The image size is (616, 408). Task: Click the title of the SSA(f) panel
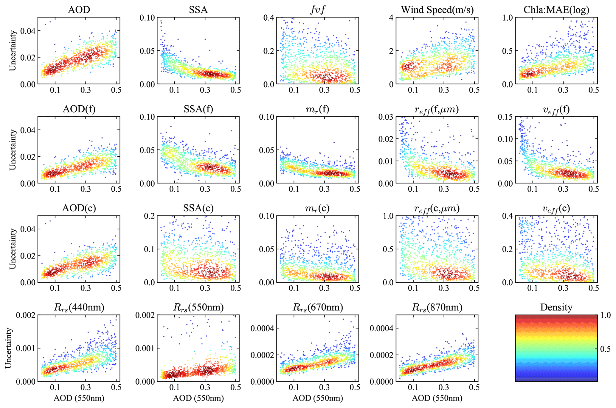point(198,109)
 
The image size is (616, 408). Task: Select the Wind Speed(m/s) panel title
point(437,10)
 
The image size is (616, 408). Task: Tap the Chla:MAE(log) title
point(556,10)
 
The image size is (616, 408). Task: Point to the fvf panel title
point(317,10)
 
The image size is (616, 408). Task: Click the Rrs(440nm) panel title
point(79,307)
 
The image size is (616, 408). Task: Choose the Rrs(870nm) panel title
point(437,307)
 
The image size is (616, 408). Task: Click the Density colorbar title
point(556,307)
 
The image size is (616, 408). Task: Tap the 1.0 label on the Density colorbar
point(605,315)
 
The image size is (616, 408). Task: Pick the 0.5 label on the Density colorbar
point(605,349)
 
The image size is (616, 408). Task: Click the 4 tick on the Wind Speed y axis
point(391,18)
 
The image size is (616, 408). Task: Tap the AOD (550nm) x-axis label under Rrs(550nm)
point(198,398)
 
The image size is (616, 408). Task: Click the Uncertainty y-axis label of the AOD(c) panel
point(13,249)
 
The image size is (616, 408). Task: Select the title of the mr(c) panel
point(317,208)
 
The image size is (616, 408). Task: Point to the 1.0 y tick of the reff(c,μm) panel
point(388,216)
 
